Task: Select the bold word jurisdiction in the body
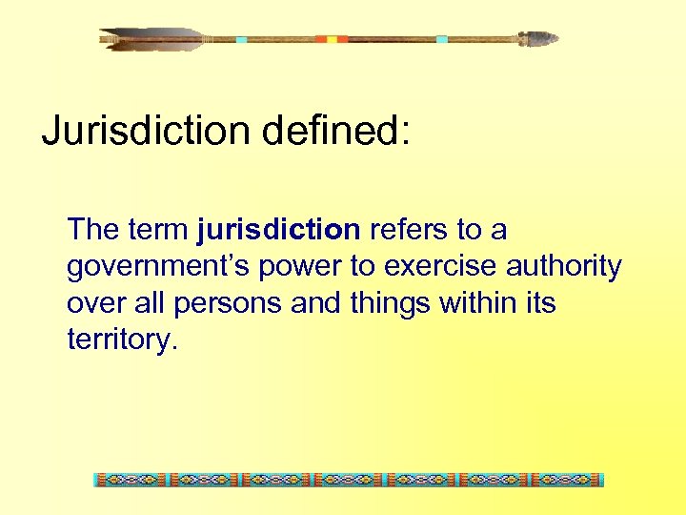coord(278,230)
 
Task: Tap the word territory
coord(121,340)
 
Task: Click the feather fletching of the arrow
coord(152,39)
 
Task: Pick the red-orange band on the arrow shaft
coord(332,39)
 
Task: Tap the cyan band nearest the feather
coord(241,39)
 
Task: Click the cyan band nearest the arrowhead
coord(441,39)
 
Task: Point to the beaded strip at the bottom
coord(349,480)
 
